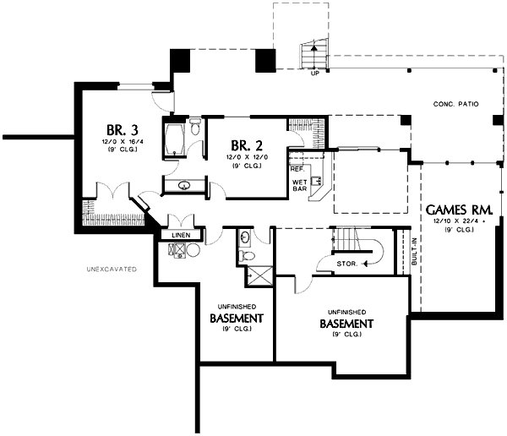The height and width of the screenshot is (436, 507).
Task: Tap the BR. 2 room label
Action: click(x=238, y=144)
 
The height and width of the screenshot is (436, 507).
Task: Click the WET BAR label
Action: click(x=299, y=185)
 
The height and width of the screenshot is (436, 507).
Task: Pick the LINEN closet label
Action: click(x=181, y=234)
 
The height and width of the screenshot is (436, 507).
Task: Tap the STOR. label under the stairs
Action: click(x=324, y=263)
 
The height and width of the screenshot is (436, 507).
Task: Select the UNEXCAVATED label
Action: click(x=112, y=270)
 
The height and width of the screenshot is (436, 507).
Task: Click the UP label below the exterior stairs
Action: click(x=314, y=74)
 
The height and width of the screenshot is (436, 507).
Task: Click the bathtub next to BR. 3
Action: click(x=176, y=139)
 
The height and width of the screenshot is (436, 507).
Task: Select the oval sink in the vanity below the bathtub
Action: click(x=183, y=184)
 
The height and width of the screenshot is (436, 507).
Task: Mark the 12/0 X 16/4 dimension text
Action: click(x=123, y=143)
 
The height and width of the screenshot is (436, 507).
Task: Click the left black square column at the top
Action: click(x=180, y=60)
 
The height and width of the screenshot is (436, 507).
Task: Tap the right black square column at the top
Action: click(x=266, y=60)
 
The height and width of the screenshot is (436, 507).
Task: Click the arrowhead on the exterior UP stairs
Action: click(x=314, y=49)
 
